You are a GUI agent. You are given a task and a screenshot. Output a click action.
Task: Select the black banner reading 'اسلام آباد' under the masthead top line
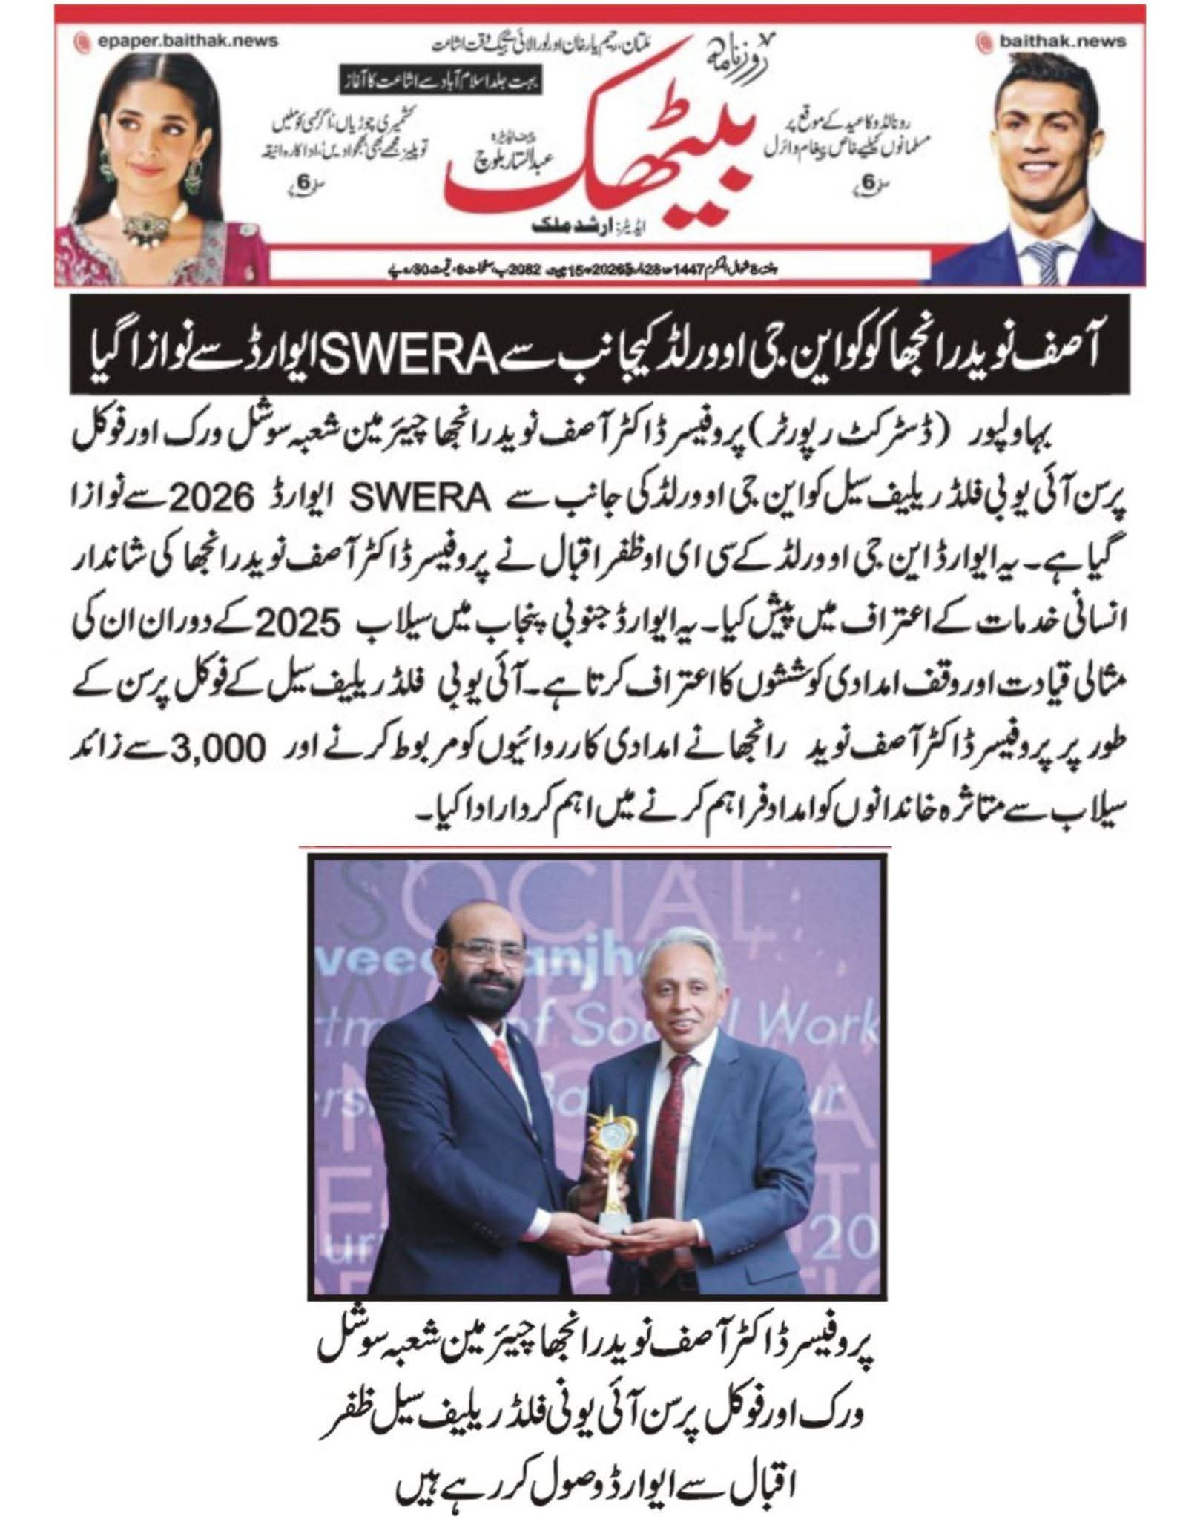(x=441, y=79)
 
